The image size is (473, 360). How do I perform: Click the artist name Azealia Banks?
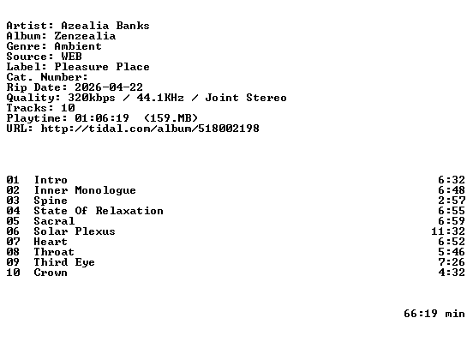coord(105,26)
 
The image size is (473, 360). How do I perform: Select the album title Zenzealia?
coord(85,36)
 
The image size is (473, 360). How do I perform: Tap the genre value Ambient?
coord(78,46)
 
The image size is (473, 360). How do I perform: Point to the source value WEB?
coord(71,57)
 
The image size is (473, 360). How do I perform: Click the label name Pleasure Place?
coord(102,67)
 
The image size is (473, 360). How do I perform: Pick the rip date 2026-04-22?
coord(109,87)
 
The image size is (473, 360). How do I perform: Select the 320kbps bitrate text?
coord(92,98)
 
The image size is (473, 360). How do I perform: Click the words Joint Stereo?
coord(246,98)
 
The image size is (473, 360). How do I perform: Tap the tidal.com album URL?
coord(150,129)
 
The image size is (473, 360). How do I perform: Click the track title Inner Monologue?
coord(85,190)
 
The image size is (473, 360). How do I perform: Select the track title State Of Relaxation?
coord(99,211)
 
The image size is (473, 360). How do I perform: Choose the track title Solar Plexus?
coord(75,231)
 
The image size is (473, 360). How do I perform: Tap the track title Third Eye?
coord(64,262)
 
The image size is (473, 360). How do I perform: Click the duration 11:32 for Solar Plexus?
coord(448,231)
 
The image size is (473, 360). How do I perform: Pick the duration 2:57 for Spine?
coord(452,201)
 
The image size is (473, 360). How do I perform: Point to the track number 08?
coord(13,252)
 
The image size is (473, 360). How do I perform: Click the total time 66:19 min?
coord(434,314)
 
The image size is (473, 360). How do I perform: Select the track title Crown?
coord(51,273)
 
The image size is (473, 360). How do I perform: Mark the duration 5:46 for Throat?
coord(452,252)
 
